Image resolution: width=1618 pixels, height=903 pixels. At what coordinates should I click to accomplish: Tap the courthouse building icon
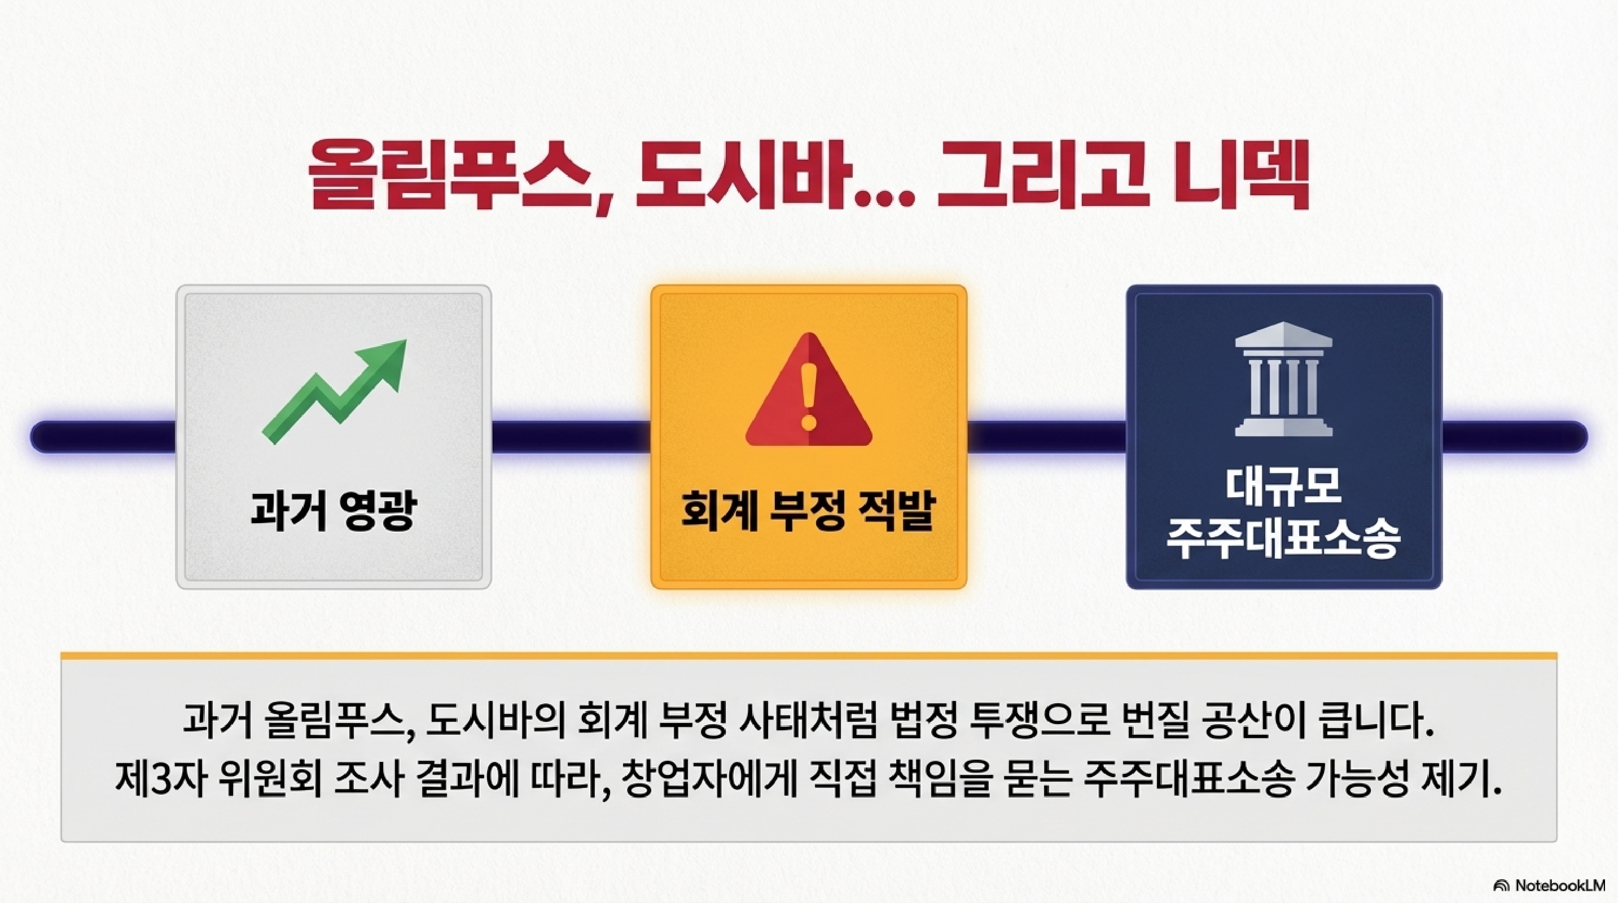pyautogui.click(x=1283, y=379)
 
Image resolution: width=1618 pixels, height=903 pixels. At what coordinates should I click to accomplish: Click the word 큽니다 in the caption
pyautogui.click(x=1372, y=722)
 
